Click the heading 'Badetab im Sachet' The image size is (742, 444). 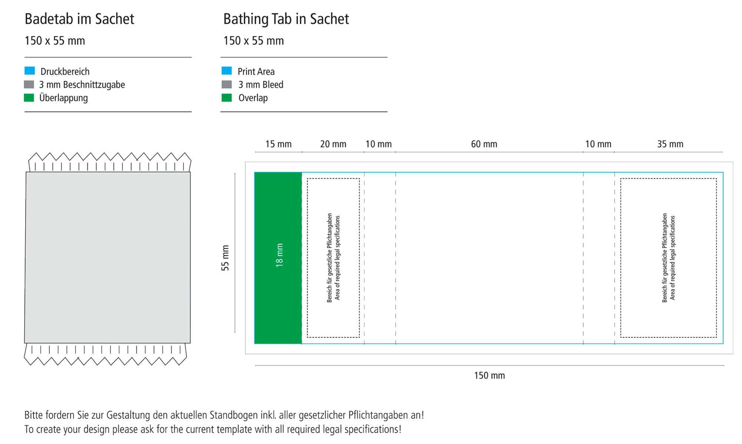click(x=79, y=19)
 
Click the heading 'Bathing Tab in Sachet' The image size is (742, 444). click(x=286, y=19)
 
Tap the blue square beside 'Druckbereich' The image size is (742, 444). click(x=30, y=70)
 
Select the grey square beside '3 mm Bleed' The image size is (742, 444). click(x=227, y=85)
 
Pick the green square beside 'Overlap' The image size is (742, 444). click(x=227, y=98)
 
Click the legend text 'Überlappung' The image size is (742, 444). click(x=63, y=98)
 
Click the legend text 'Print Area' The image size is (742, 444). click(x=256, y=72)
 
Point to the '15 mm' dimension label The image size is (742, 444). click(x=278, y=144)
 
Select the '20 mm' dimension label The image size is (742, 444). click(x=333, y=144)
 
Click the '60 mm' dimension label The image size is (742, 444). click(x=484, y=144)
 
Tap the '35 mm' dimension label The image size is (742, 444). click(x=670, y=144)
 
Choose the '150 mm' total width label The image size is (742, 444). click(x=489, y=375)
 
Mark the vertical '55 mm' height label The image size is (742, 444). click(x=225, y=258)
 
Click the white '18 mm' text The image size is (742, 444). click(x=279, y=255)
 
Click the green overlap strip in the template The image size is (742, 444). click(x=278, y=258)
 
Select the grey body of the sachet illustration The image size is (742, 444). click(x=108, y=257)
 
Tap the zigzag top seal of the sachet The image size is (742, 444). click(x=110, y=162)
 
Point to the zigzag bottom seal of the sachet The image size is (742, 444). click(x=105, y=355)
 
